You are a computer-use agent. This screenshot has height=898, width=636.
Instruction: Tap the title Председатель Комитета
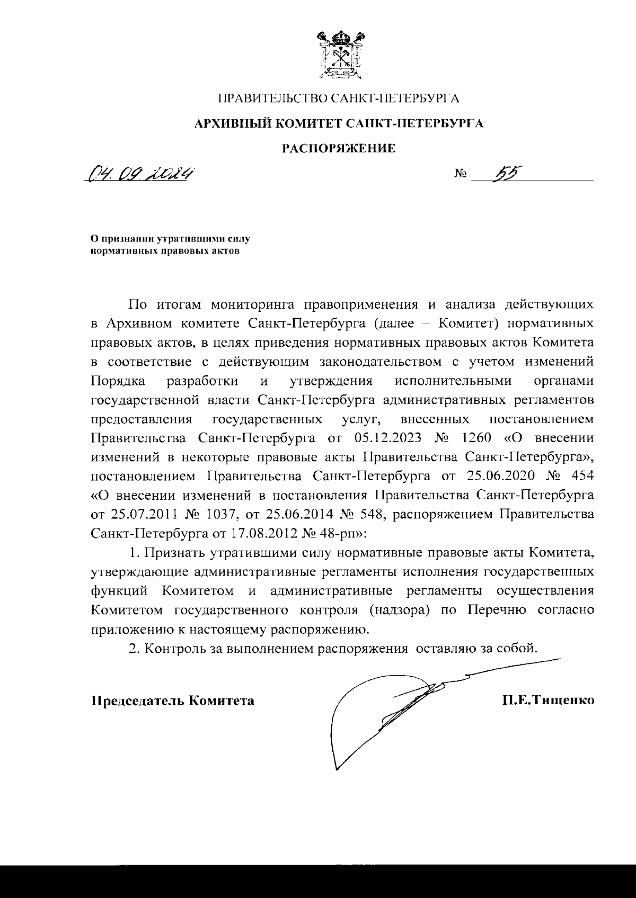click(173, 701)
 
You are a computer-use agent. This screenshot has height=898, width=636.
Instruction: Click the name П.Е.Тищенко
click(549, 701)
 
